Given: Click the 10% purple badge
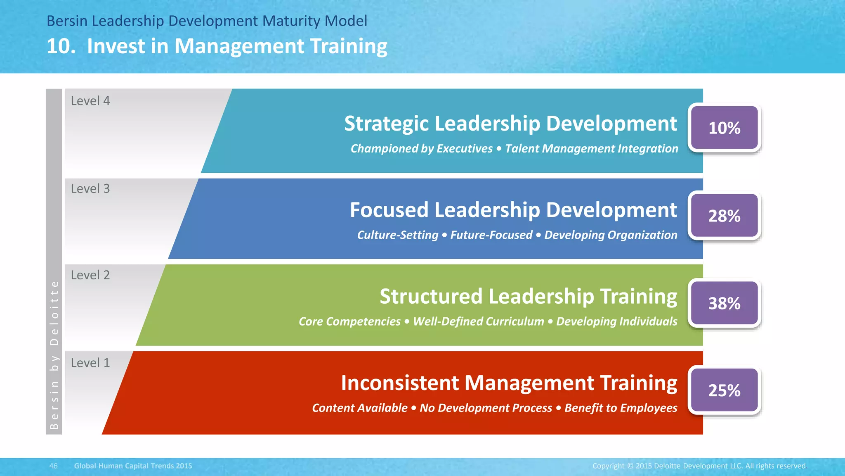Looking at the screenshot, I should (x=724, y=128).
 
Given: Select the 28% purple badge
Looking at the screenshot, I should (x=724, y=216).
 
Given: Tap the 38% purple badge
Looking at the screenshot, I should (x=724, y=303).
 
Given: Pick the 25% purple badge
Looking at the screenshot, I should (x=724, y=390).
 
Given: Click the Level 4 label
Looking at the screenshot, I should (x=90, y=101).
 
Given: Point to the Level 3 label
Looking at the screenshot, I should (x=90, y=189).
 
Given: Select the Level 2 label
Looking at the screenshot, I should (x=90, y=275).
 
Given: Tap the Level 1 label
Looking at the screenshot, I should (x=90, y=363).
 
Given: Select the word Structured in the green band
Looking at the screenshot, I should (x=431, y=297).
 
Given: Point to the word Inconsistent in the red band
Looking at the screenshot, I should (x=400, y=383).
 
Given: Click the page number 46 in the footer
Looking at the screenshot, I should (x=54, y=466).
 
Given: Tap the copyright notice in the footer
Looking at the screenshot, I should (x=699, y=466).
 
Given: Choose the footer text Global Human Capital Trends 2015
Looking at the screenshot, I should (x=133, y=466).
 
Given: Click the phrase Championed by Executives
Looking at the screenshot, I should (x=421, y=149).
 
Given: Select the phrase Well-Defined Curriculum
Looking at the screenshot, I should (x=478, y=321).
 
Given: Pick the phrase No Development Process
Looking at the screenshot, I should (x=486, y=408).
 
